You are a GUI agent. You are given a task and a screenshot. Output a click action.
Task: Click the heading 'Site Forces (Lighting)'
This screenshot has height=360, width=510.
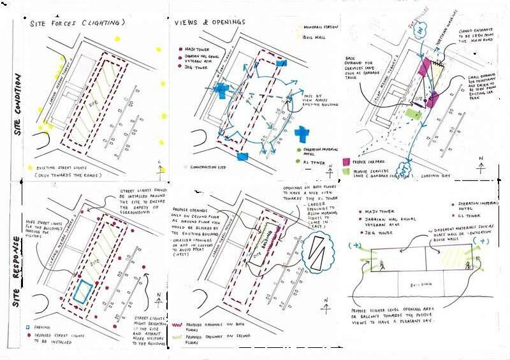tap(76, 23)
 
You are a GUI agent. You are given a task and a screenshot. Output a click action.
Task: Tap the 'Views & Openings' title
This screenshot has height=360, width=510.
tap(210, 22)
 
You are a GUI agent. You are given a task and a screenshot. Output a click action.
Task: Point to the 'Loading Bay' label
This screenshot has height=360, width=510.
tap(441, 173)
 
